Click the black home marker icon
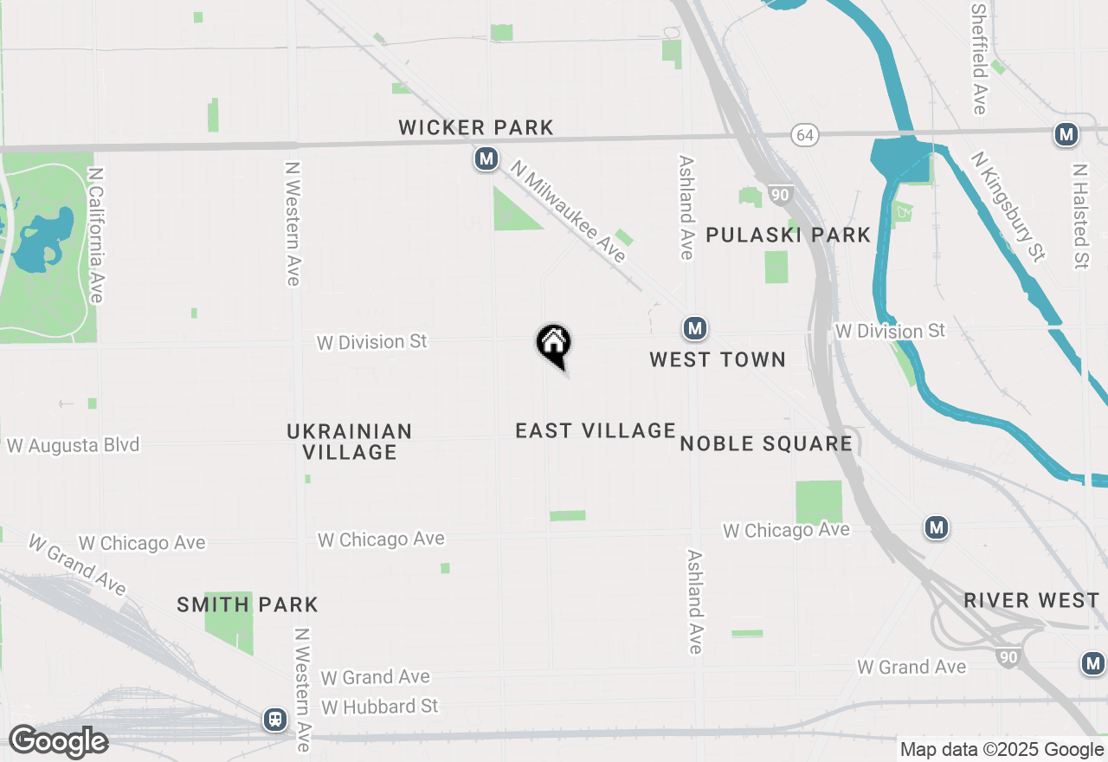point(554,345)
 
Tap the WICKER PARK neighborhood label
point(475,127)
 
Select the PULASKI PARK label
point(788,235)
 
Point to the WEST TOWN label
point(718,359)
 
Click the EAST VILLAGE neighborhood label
point(596,430)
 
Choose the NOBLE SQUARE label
point(766,444)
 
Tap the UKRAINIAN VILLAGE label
point(350,442)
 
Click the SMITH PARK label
point(248,604)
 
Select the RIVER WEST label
point(1031,600)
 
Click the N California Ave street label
point(96,236)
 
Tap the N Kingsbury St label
point(1008,206)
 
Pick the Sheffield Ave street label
point(979,59)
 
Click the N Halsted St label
point(1079,216)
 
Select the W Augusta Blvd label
point(74,446)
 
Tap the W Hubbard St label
point(380,707)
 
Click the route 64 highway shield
point(805,135)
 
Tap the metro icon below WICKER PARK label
point(486,159)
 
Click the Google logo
point(58,742)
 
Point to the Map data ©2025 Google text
point(1002,750)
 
